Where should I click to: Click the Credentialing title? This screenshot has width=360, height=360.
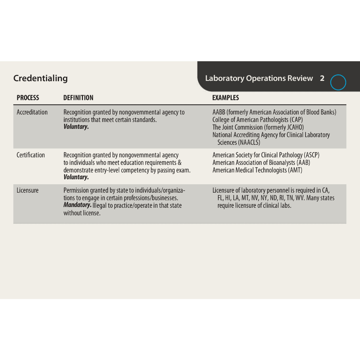(x=40, y=78)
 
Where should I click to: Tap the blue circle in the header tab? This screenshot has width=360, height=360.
(x=339, y=83)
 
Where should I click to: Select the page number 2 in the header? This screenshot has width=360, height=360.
(x=322, y=78)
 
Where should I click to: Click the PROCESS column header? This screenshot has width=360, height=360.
(x=28, y=98)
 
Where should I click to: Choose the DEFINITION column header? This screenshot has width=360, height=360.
(x=78, y=98)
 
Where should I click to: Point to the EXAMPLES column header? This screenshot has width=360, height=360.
(x=225, y=98)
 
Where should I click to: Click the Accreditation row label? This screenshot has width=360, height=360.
(x=32, y=112)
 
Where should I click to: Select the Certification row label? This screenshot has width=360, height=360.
(x=31, y=155)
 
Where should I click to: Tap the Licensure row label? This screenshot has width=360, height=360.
(x=27, y=191)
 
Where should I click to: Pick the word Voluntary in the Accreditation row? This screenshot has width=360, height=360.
(x=76, y=127)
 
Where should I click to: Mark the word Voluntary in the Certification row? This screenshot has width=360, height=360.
(x=76, y=177)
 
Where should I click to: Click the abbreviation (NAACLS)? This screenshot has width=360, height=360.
(x=249, y=142)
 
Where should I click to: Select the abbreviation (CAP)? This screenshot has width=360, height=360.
(x=296, y=120)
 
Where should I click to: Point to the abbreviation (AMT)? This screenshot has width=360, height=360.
(x=295, y=170)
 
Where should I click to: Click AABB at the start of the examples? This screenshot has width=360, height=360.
(x=219, y=112)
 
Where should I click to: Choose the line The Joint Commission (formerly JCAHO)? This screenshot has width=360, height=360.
(x=258, y=127)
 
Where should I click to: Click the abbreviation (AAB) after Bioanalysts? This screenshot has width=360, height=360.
(x=303, y=162)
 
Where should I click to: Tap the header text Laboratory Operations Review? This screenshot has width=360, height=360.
(x=259, y=78)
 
